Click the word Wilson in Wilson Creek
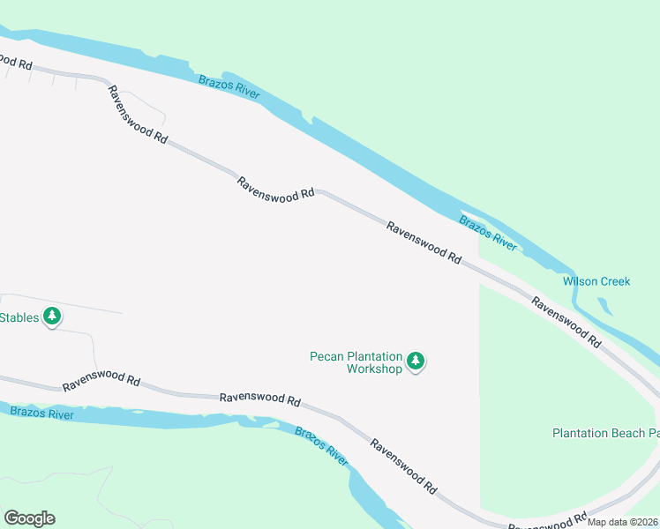[580, 282]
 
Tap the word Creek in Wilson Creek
[615, 282]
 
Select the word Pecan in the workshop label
[326, 357]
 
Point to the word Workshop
[374, 369]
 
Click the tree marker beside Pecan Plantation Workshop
[416, 361]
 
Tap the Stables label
[19, 317]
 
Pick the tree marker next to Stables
[52, 316]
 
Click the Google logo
[29, 518]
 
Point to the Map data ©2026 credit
[622, 522]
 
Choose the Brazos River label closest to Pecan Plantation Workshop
[321, 446]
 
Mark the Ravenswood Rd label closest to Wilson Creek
[566, 322]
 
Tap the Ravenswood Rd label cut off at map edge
[16, 63]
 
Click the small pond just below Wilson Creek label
[604, 306]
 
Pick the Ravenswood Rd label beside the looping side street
[137, 115]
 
